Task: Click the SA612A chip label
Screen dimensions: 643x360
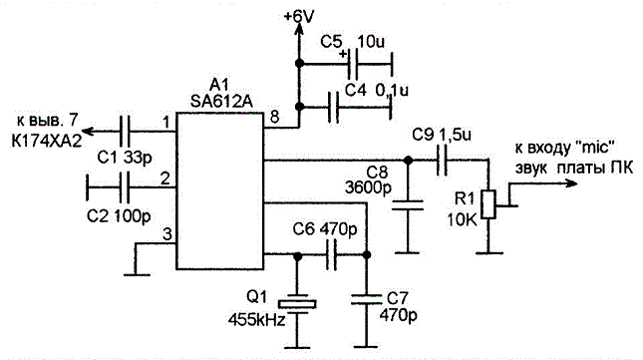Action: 221,102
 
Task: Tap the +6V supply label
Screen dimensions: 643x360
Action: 299,17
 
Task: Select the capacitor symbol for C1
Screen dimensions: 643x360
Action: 125,132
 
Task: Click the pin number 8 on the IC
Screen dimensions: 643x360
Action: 274,117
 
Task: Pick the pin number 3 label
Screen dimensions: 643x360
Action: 166,234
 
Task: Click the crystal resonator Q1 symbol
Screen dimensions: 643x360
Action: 297,304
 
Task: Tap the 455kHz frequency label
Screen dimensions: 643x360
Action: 256,319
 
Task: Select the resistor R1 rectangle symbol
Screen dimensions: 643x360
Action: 488,204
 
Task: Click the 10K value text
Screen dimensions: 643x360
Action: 463,220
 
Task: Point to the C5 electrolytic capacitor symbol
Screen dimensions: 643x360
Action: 352,65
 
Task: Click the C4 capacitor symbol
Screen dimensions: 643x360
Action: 333,108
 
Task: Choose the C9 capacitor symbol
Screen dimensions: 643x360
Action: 442,161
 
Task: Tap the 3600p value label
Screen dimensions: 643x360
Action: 368,187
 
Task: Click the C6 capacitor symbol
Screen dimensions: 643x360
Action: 331,254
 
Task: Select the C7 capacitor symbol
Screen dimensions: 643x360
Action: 367,299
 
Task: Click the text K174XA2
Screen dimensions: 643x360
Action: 46,141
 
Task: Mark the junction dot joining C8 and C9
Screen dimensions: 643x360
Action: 408,161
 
